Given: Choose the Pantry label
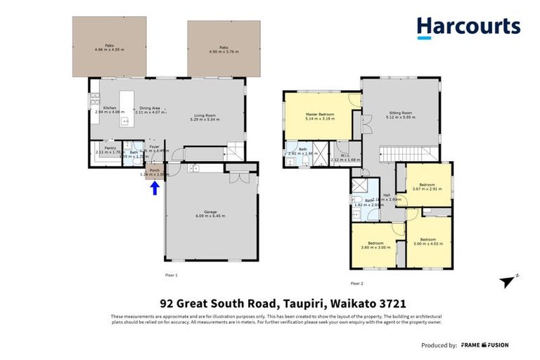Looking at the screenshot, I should pos(110,150).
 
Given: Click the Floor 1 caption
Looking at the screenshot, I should pos(171,275).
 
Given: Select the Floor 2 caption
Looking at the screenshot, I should pos(356,283).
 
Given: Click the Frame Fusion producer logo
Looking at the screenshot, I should pos(484,345).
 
